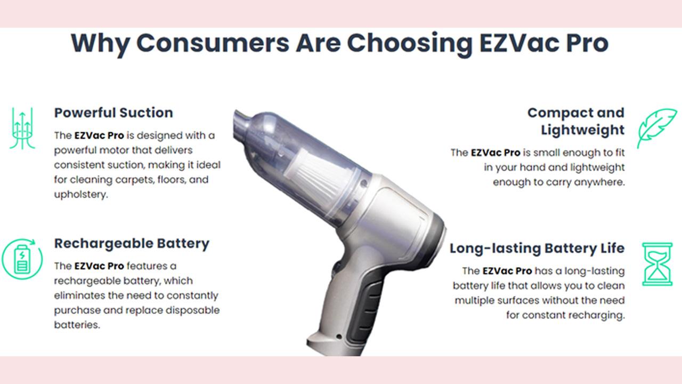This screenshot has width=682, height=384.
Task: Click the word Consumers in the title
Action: point(213,43)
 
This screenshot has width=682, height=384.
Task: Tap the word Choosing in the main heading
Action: point(410,44)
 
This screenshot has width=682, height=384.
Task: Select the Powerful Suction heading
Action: point(113,113)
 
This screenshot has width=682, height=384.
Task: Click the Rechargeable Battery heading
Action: point(132,244)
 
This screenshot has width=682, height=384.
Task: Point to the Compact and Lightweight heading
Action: point(576,121)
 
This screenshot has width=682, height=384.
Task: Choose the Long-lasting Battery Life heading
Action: point(537,249)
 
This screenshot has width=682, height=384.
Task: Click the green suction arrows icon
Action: point(22,128)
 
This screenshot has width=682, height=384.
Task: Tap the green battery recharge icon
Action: point(22,259)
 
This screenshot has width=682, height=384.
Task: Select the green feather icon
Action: point(657,128)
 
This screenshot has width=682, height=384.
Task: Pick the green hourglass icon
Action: point(657,264)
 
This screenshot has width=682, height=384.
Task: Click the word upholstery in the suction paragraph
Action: point(80,195)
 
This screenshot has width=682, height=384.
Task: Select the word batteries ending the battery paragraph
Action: point(77,325)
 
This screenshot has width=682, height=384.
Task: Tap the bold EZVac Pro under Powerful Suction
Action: point(99,135)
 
